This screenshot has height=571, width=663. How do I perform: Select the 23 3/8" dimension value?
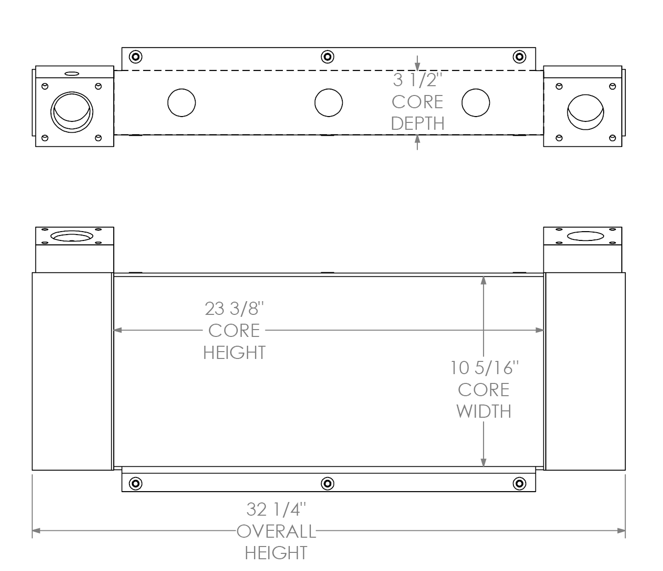pos(234,309)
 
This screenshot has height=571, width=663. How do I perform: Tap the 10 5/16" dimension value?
pos(484,368)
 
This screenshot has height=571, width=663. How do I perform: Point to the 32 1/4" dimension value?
pos(276,510)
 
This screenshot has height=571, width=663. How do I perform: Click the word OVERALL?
pos(276,531)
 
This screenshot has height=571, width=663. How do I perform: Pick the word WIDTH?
pos(484,411)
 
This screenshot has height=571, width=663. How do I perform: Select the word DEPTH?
pos(417,123)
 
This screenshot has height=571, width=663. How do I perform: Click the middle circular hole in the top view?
pos(329,103)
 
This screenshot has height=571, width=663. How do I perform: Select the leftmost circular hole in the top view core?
pos(181,103)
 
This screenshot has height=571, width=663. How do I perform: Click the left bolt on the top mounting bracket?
pos(136,57)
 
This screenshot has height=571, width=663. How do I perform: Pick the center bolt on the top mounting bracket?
pos(328,57)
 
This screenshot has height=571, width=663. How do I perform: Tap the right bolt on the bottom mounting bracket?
pos(519,484)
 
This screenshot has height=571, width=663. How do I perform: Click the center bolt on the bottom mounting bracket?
pos(328,484)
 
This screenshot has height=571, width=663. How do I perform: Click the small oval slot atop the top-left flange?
pos(72,74)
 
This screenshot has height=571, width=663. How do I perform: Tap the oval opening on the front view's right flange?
pos(586,237)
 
